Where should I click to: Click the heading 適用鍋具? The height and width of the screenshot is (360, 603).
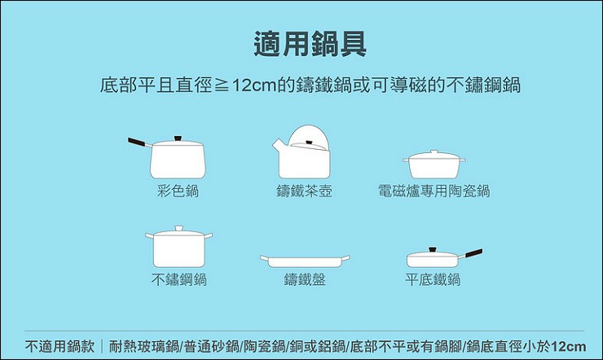tap(310, 44)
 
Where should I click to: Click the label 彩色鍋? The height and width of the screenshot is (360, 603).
tap(178, 191)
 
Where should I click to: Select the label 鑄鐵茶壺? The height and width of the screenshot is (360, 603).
tap(304, 191)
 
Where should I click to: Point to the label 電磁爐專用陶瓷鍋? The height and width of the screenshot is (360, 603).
tap(434, 191)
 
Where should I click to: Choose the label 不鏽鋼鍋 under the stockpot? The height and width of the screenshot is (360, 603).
tap(178, 279)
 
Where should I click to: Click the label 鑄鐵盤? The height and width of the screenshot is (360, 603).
tap(305, 279)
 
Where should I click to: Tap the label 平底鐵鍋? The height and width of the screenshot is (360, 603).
tap(433, 279)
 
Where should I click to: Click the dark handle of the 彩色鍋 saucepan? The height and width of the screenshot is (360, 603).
tap(137, 142)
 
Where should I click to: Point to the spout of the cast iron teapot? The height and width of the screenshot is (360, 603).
tap(279, 145)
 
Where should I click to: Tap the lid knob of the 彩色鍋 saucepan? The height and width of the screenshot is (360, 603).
tap(178, 138)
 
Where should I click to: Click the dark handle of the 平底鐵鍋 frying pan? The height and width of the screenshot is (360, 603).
tap(473, 253)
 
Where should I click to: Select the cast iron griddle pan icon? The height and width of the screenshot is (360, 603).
tap(305, 261)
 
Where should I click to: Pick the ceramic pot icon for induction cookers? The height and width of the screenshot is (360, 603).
tap(434, 165)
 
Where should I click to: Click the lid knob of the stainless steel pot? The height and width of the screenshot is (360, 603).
tap(178, 228)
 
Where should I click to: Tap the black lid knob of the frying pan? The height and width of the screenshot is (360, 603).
tap(433, 250)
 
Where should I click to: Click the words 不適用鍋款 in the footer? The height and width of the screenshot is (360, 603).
tap(59, 346)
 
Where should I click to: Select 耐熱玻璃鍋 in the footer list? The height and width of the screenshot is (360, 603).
tap(144, 346)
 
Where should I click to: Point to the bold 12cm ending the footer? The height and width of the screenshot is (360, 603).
tap(569, 346)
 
